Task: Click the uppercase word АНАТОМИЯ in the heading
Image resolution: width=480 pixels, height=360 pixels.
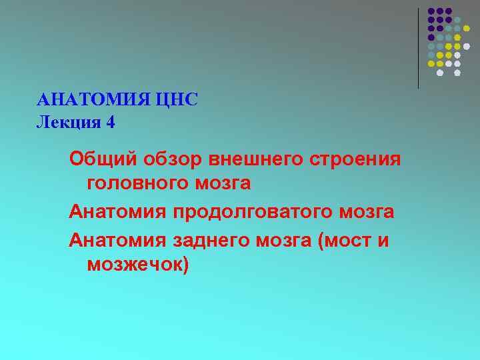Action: click(93, 100)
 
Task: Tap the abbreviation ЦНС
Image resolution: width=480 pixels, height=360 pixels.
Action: click(177, 100)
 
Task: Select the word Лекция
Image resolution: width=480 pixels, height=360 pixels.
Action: click(65, 122)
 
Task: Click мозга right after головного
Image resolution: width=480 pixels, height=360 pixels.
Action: click(223, 183)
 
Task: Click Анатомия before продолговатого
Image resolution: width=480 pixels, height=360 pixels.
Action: click(118, 212)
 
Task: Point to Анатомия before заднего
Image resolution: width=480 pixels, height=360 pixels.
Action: click(118, 240)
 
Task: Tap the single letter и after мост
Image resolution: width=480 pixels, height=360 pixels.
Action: click(383, 241)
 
